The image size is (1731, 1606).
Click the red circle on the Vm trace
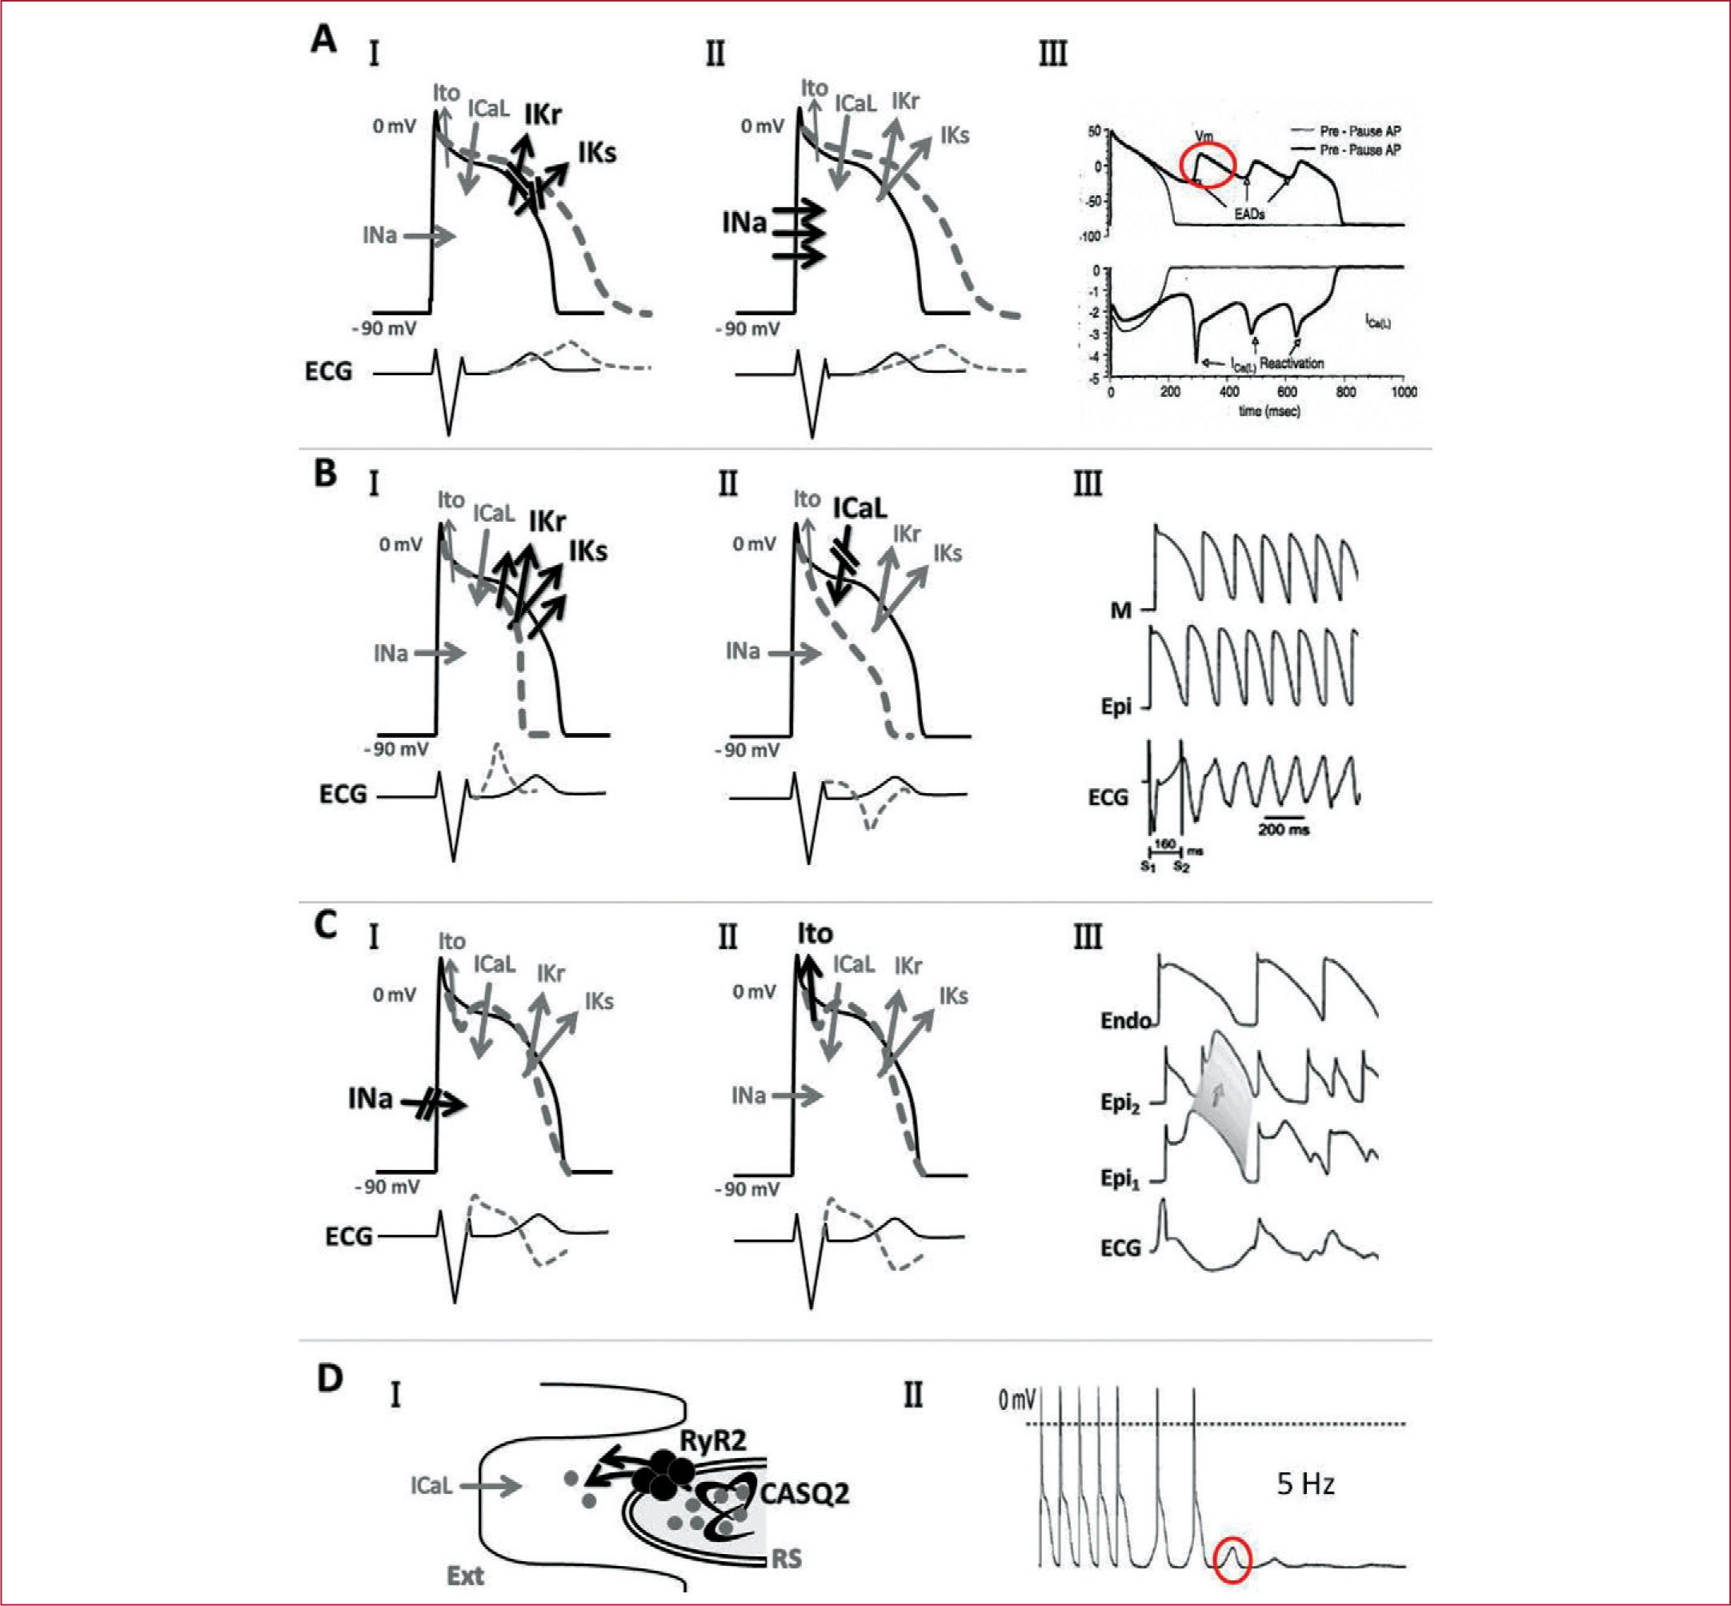(x=1208, y=164)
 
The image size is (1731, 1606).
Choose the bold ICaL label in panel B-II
(x=859, y=507)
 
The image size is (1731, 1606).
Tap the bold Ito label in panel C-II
(x=815, y=933)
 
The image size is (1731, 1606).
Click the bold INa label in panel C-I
(x=371, y=1099)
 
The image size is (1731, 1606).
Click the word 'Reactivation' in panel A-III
(x=1292, y=363)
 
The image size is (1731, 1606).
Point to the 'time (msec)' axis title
(x=1268, y=411)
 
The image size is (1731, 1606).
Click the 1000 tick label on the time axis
(x=1403, y=393)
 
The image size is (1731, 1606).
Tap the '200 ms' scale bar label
(x=1284, y=829)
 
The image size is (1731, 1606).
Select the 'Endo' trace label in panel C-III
(x=1125, y=1020)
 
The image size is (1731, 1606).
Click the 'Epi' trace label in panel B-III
(x=1116, y=707)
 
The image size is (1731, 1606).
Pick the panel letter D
(x=331, y=1378)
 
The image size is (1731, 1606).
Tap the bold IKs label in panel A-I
(x=597, y=153)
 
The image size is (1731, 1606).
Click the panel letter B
(x=325, y=474)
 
